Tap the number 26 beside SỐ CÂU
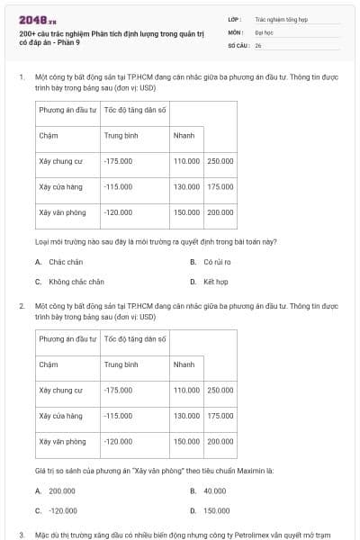(x=258, y=44)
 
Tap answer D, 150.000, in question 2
(x=216, y=510)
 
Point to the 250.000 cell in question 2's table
(x=220, y=391)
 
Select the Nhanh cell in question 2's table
(x=184, y=364)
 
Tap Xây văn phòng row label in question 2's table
(x=62, y=442)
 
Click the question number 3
(x=21, y=535)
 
